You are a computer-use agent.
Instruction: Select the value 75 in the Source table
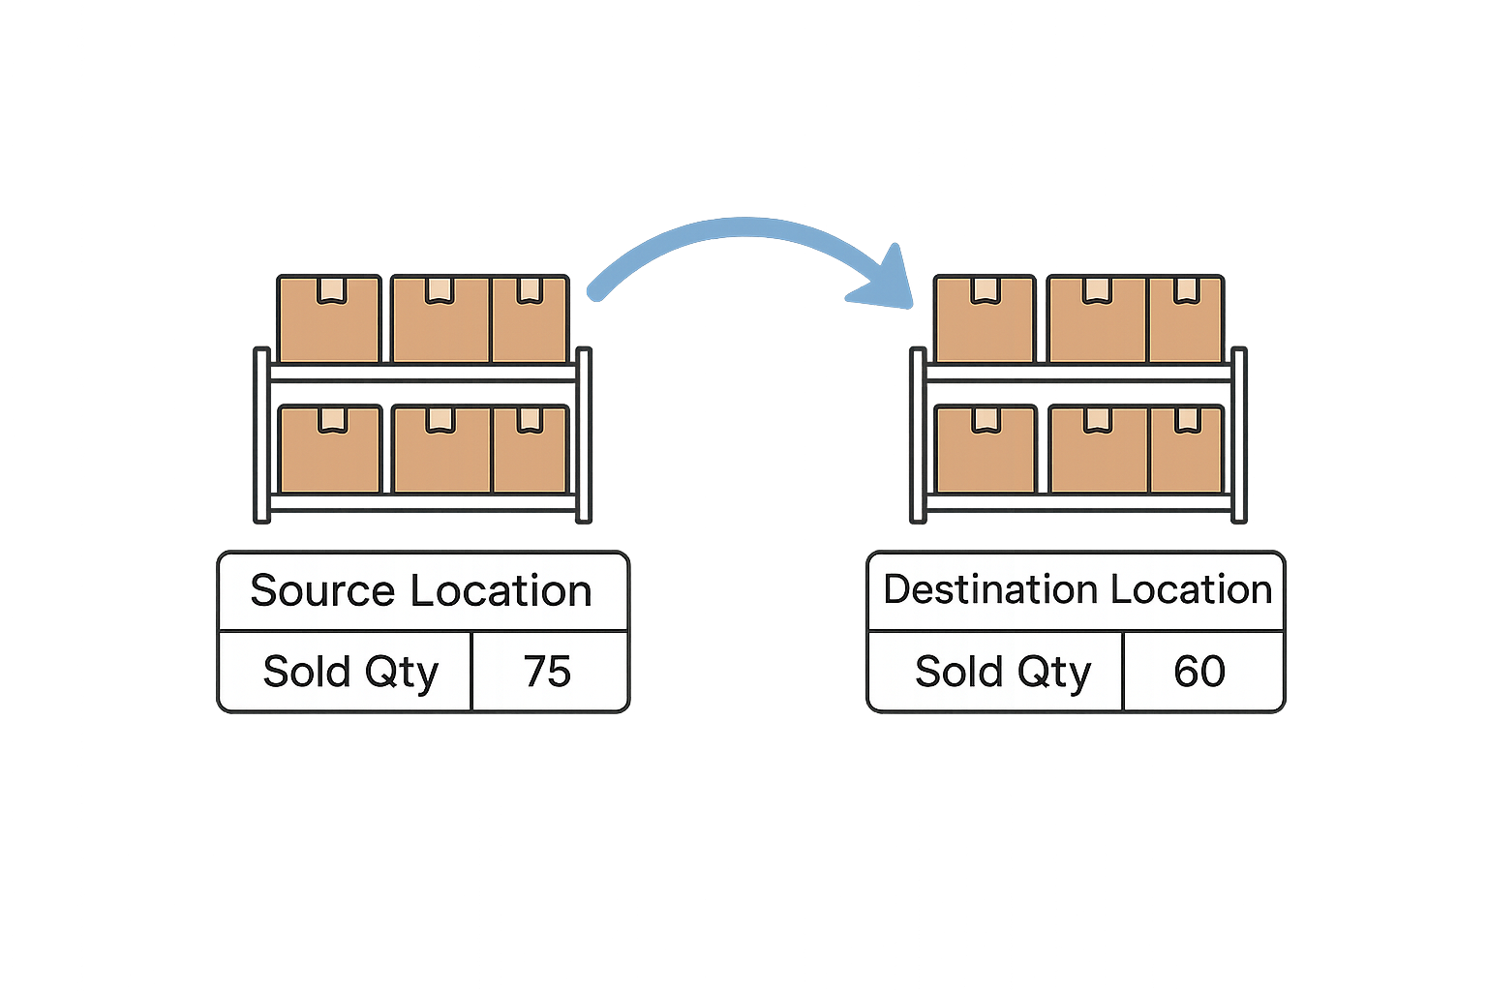(x=548, y=672)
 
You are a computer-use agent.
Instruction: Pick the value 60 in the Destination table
(x=1199, y=672)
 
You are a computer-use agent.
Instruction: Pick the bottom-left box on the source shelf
(x=330, y=450)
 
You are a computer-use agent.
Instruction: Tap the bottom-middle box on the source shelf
(x=441, y=450)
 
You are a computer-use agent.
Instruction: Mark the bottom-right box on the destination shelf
(x=1186, y=450)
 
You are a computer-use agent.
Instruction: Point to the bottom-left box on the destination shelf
(x=986, y=450)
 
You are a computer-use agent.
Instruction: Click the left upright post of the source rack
(x=261, y=435)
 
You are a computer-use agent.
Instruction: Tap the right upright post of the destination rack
(x=1238, y=435)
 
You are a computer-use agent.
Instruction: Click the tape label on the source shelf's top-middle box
(x=440, y=289)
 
